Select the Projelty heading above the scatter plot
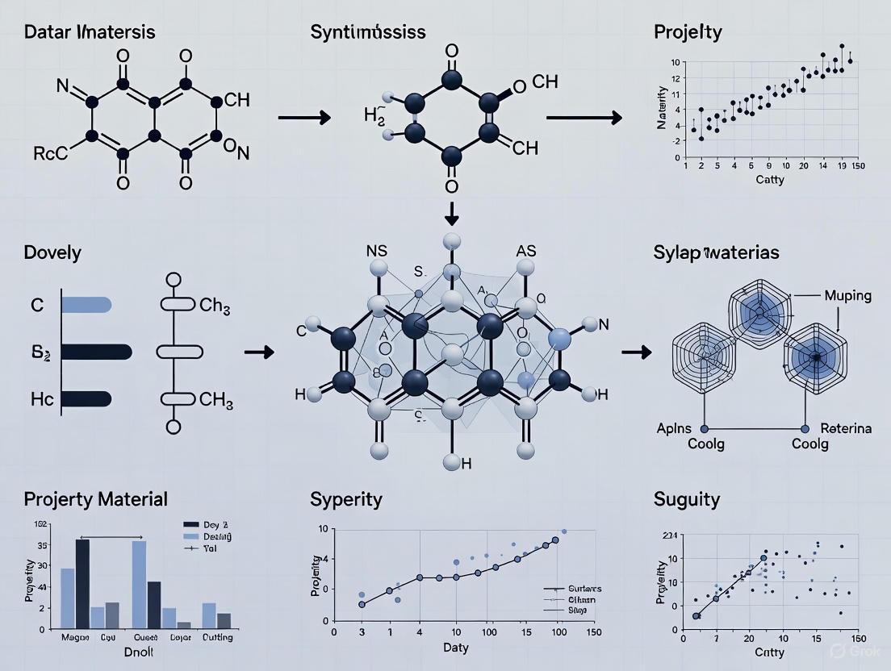tap(688, 33)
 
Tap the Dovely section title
tap(52, 252)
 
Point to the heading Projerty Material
tap(96, 499)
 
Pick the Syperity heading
tap(345, 499)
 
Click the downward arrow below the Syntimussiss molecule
tap(451, 214)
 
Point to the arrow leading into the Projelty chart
tap(584, 119)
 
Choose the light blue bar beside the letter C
tap(86, 304)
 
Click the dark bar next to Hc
tap(86, 398)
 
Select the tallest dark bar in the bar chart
tap(82, 583)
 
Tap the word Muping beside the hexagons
tap(847, 295)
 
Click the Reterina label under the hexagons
tap(846, 428)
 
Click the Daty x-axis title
tap(457, 648)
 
